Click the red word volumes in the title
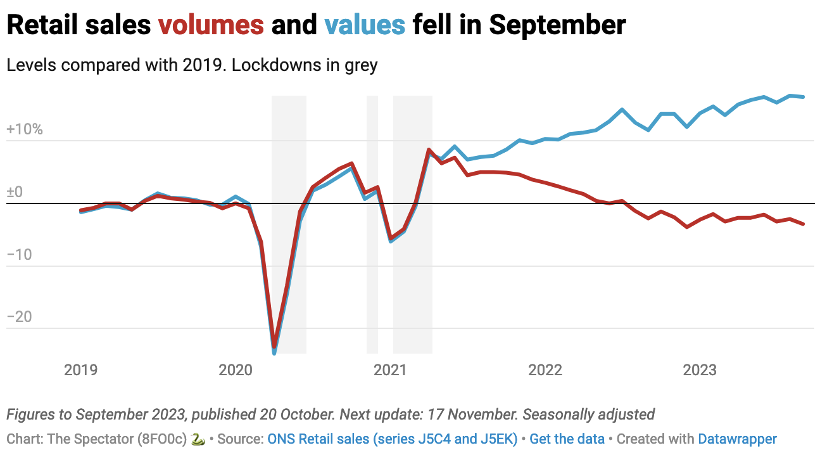[x=211, y=25]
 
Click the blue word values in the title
[x=364, y=25]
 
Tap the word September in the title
[x=557, y=25]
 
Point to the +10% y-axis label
[x=24, y=130]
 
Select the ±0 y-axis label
[x=14, y=192]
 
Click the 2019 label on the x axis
[x=80, y=370]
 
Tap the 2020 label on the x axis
[x=236, y=370]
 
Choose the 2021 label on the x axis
[x=390, y=370]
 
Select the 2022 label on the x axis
[x=545, y=370]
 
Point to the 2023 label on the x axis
[x=700, y=370]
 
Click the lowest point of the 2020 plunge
[x=274, y=350]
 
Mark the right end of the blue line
[x=804, y=97]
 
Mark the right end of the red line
[x=804, y=224]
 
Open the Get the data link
[x=567, y=439]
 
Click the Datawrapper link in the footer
[x=737, y=439]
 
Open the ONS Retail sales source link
[x=393, y=439]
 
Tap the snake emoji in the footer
[x=198, y=439]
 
